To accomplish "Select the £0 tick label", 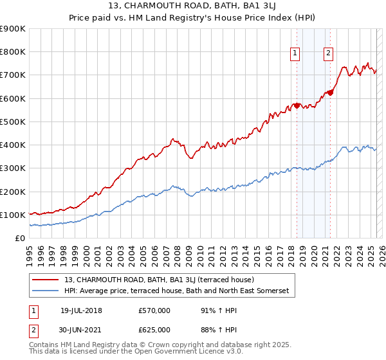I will point(19,239).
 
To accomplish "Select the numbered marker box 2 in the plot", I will point(328,53).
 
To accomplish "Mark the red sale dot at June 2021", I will point(330,93).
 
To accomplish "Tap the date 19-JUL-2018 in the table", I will point(81,311).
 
